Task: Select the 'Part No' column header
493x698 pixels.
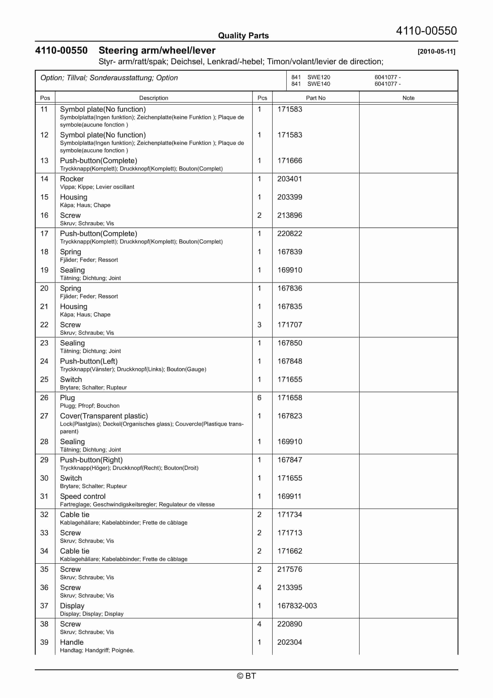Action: tap(315, 98)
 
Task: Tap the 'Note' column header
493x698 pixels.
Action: tap(408, 98)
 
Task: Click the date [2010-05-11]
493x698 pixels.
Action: tap(436, 51)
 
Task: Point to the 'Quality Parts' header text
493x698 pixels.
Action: tap(243, 36)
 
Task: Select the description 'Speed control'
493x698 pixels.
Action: tap(83, 496)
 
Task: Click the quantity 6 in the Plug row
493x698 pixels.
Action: tap(259, 398)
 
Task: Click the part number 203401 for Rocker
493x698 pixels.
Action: tap(289, 179)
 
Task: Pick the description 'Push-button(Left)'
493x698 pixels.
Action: tap(88, 361)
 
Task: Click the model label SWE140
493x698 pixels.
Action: tap(319, 84)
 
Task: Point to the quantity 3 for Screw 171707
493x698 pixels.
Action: tap(259, 325)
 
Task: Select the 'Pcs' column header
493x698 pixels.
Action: tap(262, 98)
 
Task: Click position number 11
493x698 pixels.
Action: tap(44, 109)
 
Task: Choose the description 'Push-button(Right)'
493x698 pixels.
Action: tap(91, 460)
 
